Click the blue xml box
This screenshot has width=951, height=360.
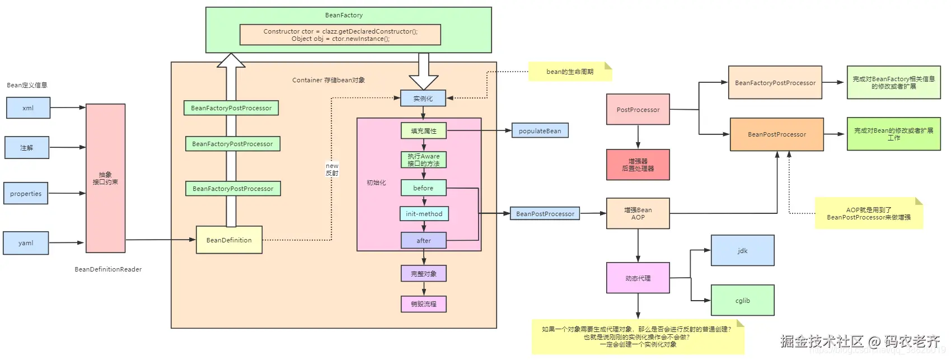[28, 107]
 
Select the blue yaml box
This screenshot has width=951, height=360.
[26, 243]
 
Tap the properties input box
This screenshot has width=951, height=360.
[26, 193]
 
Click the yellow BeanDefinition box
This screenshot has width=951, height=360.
[229, 240]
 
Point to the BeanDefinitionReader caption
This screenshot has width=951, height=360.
[108, 269]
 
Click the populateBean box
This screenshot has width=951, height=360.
[540, 130]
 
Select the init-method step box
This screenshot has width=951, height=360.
[424, 214]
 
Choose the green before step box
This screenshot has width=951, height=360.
[423, 188]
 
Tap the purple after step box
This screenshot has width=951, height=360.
[424, 240]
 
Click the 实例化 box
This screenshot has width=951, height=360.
[423, 98]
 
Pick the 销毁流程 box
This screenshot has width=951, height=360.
[424, 304]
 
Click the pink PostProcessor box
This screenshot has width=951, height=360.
[638, 109]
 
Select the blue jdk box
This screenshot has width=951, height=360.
[742, 250]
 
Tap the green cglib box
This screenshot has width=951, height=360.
[742, 300]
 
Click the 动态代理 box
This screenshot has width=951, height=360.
[638, 278]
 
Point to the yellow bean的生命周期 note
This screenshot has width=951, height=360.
[570, 72]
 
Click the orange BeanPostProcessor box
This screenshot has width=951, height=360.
[776, 134]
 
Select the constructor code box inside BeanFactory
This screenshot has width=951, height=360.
[340, 35]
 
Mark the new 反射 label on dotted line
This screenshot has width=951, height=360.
[332, 169]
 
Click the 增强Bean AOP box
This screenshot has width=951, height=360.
[638, 213]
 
